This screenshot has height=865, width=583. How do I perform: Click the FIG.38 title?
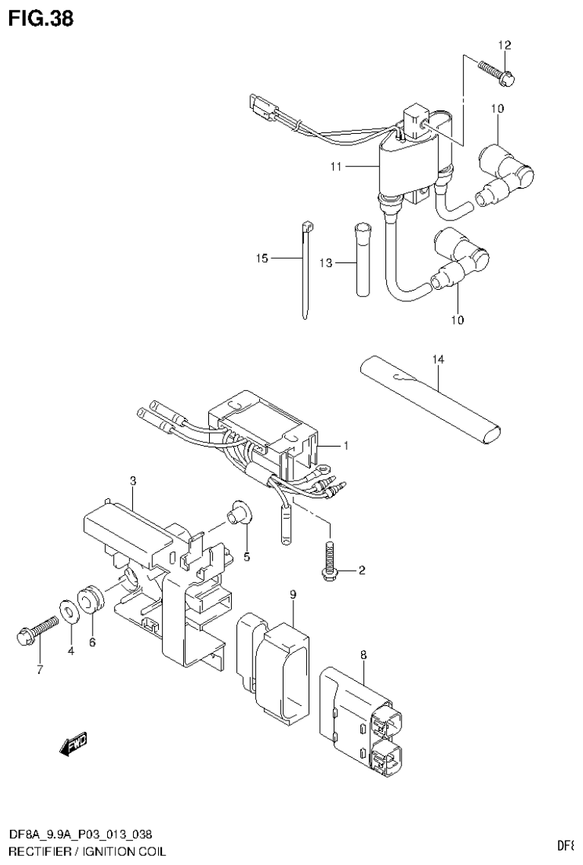pyautogui.click(x=41, y=17)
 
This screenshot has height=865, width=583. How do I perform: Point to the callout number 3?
pyautogui.click(x=132, y=480)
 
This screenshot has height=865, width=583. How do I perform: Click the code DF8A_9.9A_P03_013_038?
pyautogui.click(x=84, y=835)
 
